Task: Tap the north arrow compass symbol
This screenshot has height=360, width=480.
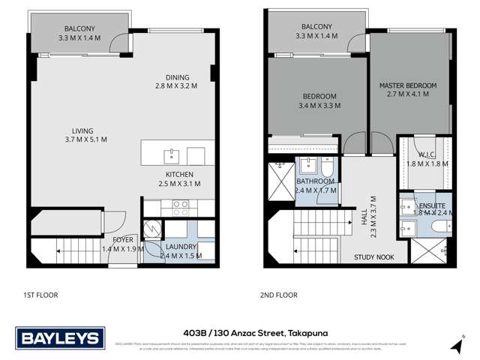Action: tap(456, 342)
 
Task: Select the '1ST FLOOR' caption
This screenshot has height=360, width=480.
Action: tap(41, 295)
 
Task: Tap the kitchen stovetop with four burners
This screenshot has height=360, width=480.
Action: tap(181, 203)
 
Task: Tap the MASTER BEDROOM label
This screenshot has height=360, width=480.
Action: tap(407, 85)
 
